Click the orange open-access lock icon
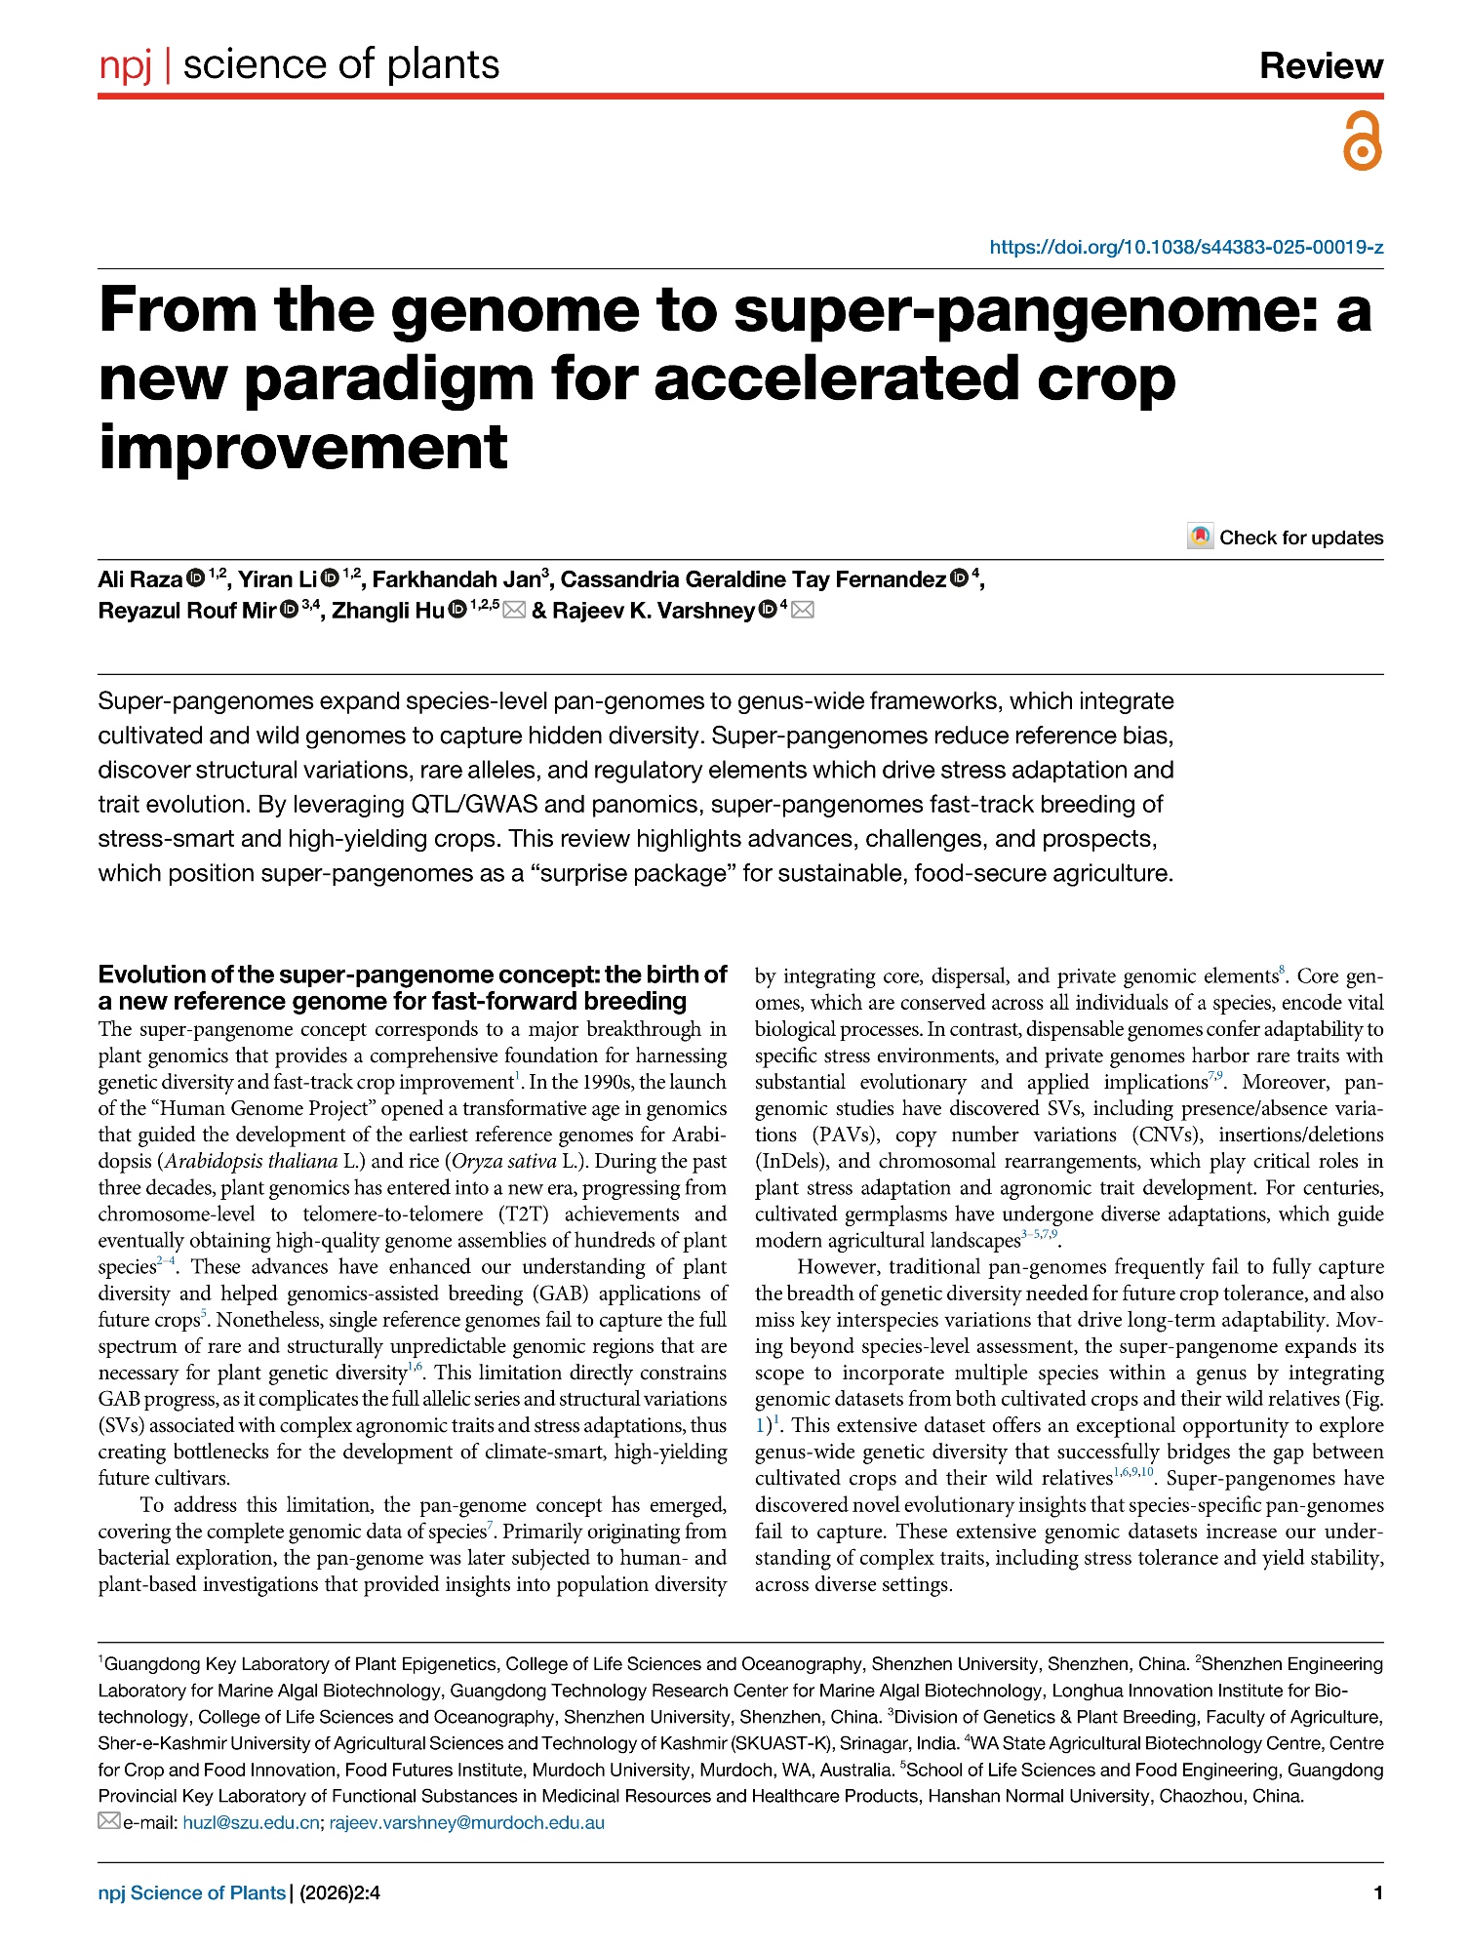click(x=1362, y=141)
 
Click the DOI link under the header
click(x=1186, y=247)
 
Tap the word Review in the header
click(x=1321, y=65)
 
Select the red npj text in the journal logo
click(x=126, y=65)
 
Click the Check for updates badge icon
click(x=1200, y=537)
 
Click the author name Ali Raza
click(x=139, y=579)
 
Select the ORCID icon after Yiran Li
click(x=330, y=578)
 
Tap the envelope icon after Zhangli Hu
click(x=514, y=611)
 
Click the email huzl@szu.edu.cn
click(x=251, y=1822)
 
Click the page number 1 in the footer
click(x=1377, y=1893)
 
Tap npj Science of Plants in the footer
click(x=192, y=1893)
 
